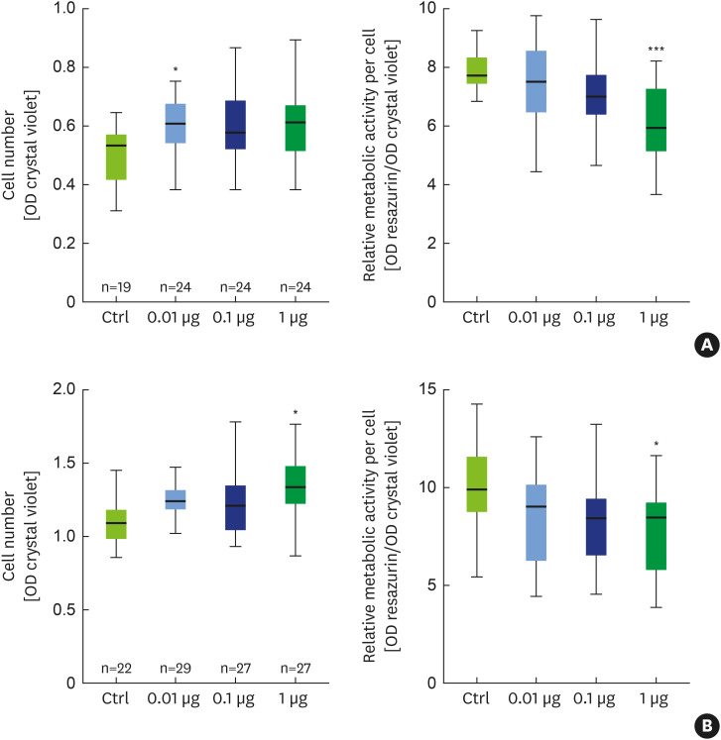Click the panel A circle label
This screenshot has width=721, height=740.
[707, 344]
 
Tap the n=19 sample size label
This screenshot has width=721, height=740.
[117, 288]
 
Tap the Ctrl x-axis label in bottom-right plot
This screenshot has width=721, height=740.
[476, 700]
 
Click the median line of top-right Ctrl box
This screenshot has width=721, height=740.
[476, 75]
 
